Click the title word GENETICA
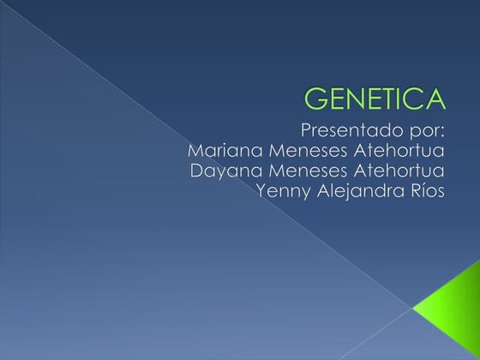point(375,99)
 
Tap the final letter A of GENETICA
point(436,99)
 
